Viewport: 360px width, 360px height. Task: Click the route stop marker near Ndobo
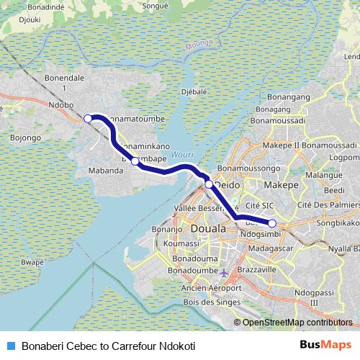[x=88, y=118]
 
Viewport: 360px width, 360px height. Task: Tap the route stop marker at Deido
[x=209, y=184]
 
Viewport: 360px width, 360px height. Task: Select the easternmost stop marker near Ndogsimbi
[x=272, y=223]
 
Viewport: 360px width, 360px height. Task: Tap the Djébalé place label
[x=194, y=92]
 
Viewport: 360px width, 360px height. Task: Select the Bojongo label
[x=26, y=136]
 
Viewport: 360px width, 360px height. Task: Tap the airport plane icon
[x=224, y=274]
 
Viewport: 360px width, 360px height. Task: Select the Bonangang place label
[x=287, y=96]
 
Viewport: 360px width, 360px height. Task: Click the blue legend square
[x=10, y=346]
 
